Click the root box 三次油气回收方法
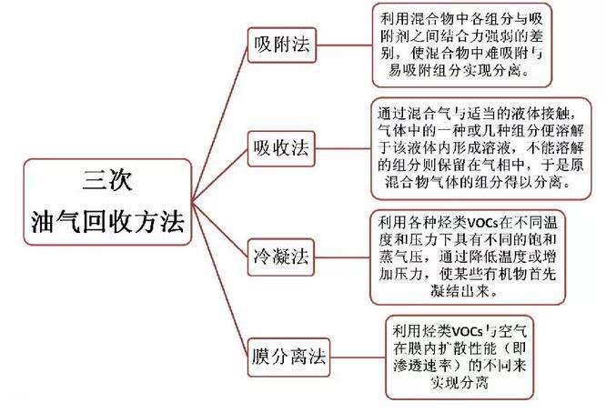click(107, 202)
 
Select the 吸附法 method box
click(282, 45)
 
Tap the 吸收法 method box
click(281, 149)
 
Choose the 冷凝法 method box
click(280, 257)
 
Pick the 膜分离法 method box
click(288, 357)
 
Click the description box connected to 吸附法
click(462, 45)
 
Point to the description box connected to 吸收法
click(480, 149)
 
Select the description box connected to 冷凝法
click(468, 257)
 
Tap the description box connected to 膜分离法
click(460, 358)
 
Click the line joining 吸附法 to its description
click(344, 45)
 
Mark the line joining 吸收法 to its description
click(343, 149)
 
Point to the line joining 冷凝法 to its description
click(342, 257)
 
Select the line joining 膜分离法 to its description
click(358, 358)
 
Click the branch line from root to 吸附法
click(219, 124)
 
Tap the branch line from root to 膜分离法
click(219, 279)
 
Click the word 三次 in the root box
click(107, 180)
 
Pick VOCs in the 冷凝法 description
click(483, 223)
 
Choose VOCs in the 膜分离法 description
click(468, 331)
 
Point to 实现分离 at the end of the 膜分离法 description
click(460, 382)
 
